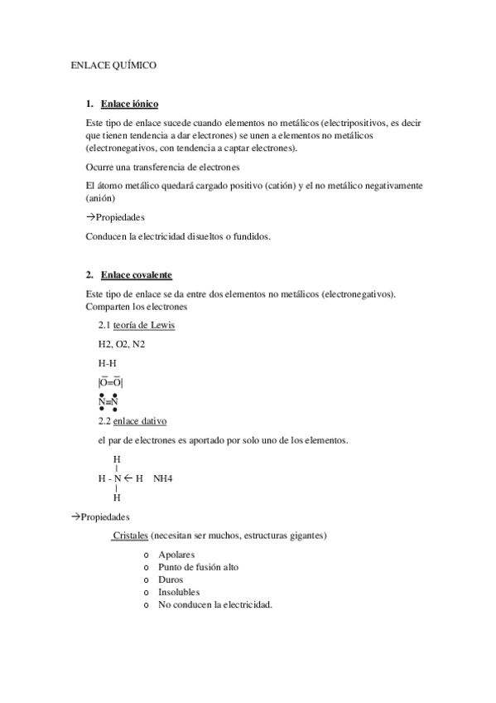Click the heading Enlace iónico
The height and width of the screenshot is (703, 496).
click(x=129, y=104)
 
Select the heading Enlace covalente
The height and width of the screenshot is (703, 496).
click(x=137, y=274)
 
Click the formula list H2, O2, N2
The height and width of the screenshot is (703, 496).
click(x=120, y=344)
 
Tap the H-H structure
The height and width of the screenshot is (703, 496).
click(x=107, y=363)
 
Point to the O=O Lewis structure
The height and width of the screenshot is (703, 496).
click(x=110, y=382)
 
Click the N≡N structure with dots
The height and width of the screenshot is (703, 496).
click(x=108, y=401)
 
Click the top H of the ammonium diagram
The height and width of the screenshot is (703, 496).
click(x=117, y=458)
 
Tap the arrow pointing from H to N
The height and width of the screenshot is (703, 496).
click(x=129, y=478)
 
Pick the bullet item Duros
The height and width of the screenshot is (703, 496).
click(x=171, y=580)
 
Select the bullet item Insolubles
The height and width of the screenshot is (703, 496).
click(x=179, y=593)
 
